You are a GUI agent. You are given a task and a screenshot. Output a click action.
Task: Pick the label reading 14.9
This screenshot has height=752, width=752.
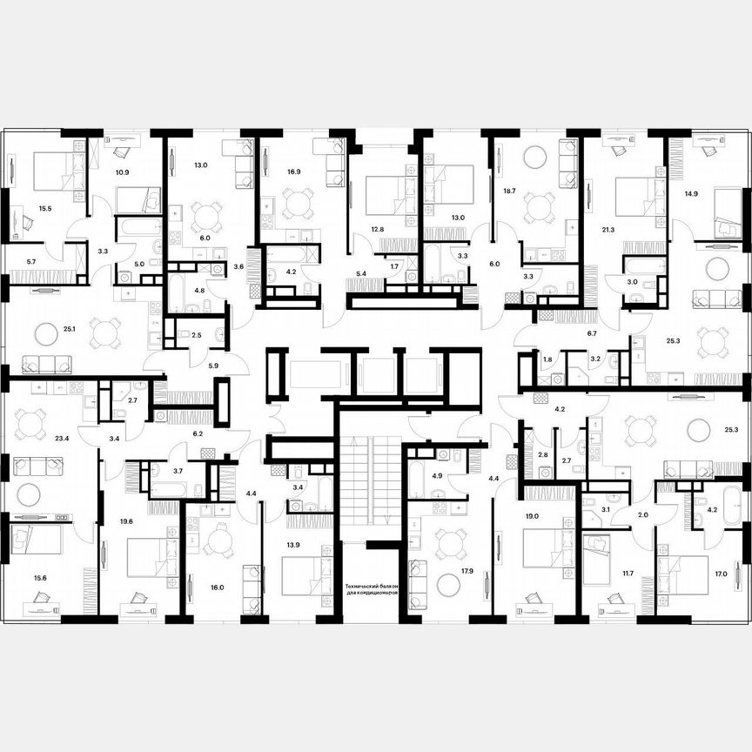(692, 195)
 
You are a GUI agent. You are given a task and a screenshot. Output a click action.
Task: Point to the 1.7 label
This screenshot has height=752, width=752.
(394, 265)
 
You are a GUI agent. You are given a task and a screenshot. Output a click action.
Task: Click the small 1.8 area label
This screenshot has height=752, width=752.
(547, 359)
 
